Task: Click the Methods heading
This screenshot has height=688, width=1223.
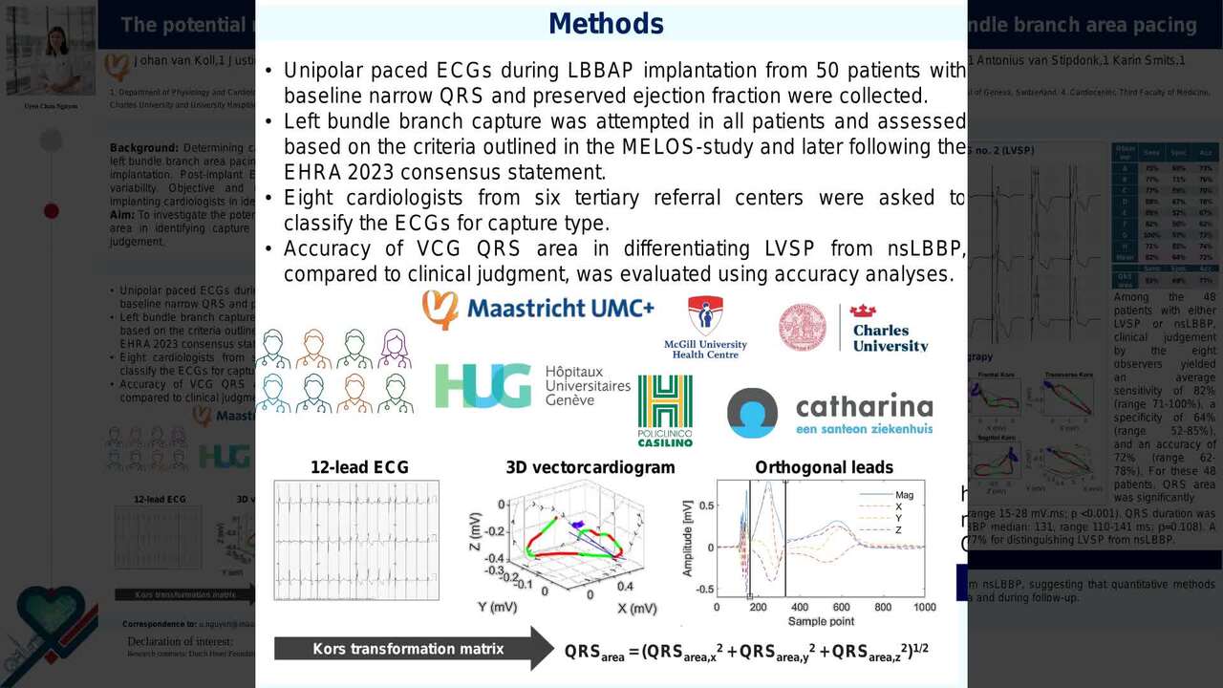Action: coord(606,24)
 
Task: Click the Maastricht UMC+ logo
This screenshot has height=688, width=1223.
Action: coord(538,310)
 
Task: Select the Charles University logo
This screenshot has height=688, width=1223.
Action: coord(852,328)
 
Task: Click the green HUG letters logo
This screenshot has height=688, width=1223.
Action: coord(483,386)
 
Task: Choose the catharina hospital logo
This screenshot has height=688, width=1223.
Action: coord(829,413)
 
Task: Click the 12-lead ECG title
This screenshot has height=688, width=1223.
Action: coord(359,467)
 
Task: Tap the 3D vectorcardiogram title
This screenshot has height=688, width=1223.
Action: coord(590,467)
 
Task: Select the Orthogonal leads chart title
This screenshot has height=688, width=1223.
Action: coord(824,467)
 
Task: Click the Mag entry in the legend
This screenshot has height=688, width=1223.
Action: coord(904,495)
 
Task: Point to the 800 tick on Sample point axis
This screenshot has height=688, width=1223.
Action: coord(882,608)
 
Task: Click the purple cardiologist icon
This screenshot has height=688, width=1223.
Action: coord(395,349)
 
